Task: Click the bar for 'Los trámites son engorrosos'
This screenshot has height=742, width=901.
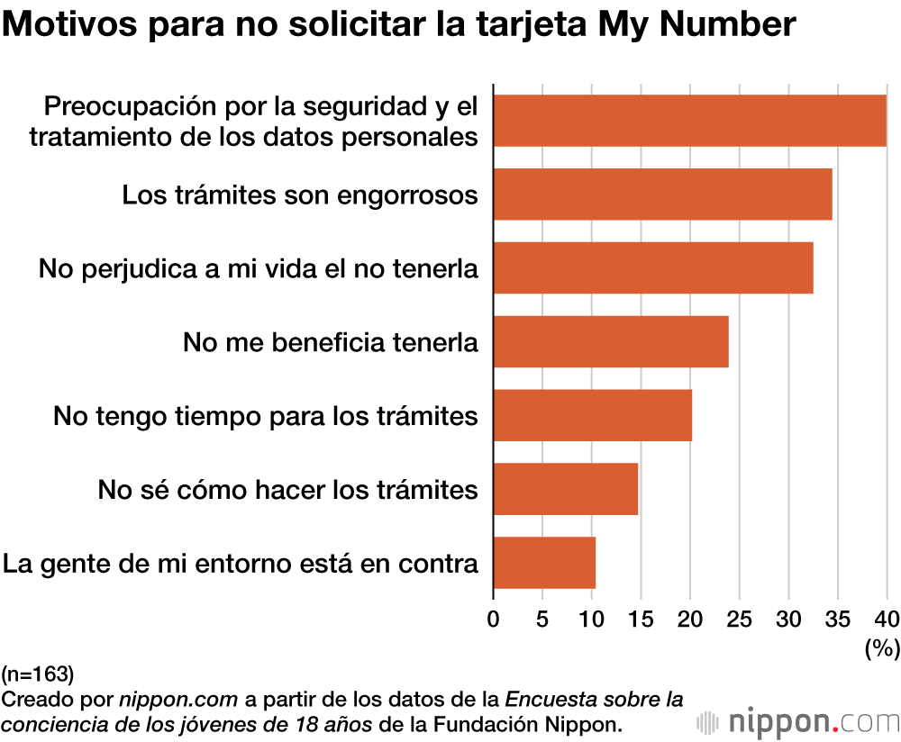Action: click(662, 194)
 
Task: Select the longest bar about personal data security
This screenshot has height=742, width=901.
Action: click(689, 120)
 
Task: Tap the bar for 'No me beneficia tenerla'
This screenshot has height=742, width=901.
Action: click(611, 341)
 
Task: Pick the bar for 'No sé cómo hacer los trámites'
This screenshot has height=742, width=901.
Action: click(565, 489)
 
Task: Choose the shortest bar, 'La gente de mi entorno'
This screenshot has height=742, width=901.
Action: click(544, 563)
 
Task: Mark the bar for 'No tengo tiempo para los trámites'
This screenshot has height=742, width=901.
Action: click(592, 415)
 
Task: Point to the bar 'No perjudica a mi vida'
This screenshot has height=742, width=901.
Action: click(653, 267)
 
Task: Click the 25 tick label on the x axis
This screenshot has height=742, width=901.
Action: click(739, 619)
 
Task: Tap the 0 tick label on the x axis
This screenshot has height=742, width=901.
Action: click(493, 619)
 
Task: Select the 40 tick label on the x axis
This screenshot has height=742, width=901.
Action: click(887, 619)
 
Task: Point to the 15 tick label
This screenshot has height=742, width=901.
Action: click(641, 619)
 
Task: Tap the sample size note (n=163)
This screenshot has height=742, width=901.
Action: click(38, 673)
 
